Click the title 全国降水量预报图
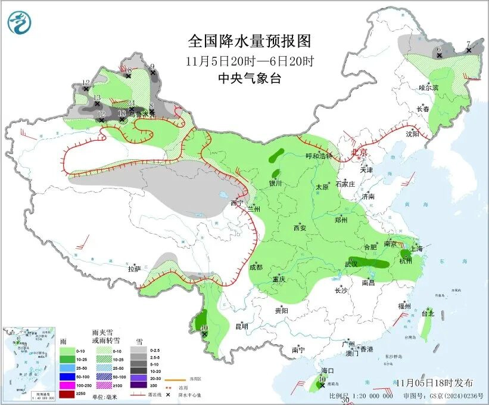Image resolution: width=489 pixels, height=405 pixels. click(250, 41)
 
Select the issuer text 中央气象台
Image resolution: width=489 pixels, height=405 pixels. click(250, 78)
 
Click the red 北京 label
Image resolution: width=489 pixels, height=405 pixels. click(359, 153)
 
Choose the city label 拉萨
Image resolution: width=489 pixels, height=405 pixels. click(134, 269)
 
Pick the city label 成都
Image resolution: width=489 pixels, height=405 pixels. click(256, 268)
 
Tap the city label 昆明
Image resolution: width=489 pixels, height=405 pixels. click(241, 326)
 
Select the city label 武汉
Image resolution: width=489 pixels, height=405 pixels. click(352, 264)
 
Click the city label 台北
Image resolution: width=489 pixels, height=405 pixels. click(428, 313)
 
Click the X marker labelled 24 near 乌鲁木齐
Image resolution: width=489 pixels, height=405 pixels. click(132, 109)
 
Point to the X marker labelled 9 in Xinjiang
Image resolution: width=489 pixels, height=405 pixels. click(153, 73)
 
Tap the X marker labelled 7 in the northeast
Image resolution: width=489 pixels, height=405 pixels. click(469, 50)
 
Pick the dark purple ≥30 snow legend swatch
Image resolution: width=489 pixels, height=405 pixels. click(139, 387)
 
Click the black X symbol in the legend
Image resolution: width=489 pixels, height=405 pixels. click(169, 395)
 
